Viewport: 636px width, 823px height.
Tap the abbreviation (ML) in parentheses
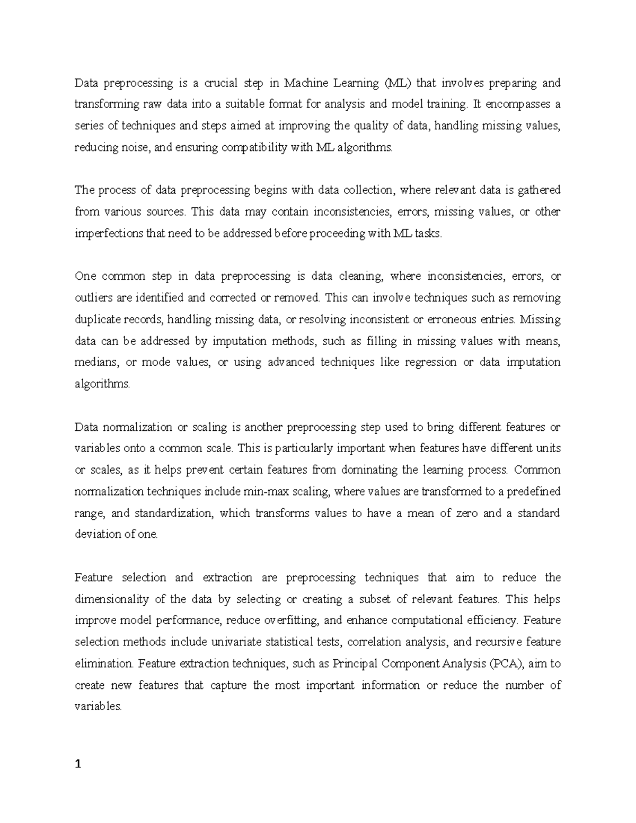(x=397, y=83)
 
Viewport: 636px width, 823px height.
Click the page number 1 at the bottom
(x=78, y=764)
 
